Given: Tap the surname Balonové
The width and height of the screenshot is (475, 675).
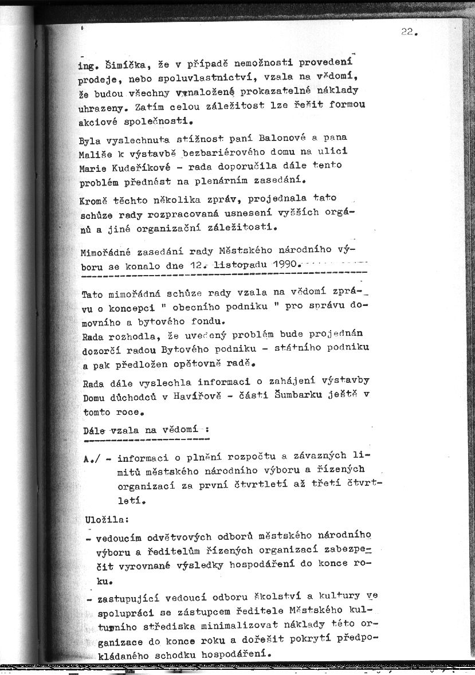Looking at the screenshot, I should coord(282,138).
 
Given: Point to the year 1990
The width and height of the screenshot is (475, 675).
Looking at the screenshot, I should coord(282,265).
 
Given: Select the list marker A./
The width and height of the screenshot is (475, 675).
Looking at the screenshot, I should coord(93,457).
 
